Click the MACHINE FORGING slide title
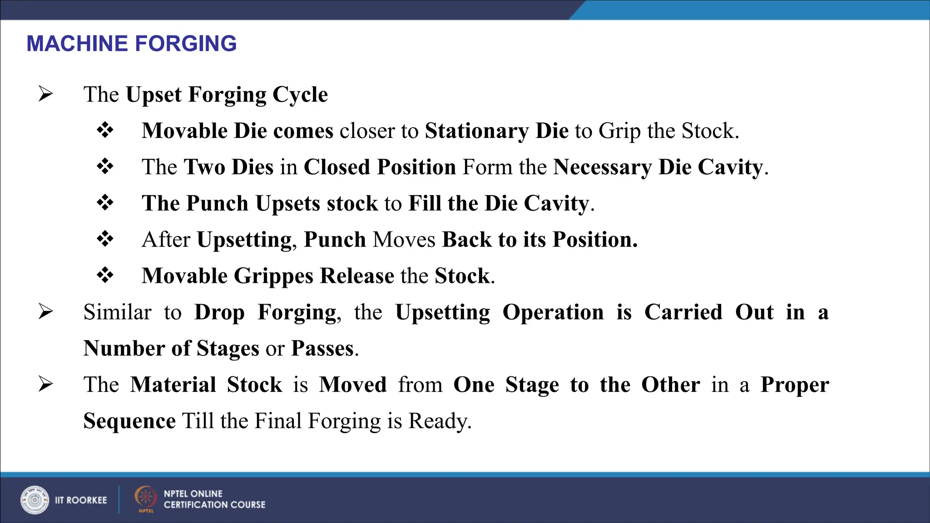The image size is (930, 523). tap(132, 44)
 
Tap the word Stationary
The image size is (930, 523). tap(476, 131)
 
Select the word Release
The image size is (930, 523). tap(357, 276)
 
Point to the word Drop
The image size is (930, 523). tap(219, 312)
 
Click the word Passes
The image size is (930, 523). tap(322, 349)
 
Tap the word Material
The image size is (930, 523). tap(173, 385)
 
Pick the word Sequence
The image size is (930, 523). tap(129, 421)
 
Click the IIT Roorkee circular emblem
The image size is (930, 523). tap(35, 500)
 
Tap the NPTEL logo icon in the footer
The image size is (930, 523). tap(145, 498)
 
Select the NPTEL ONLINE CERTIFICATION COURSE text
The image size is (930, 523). tap(214, 499)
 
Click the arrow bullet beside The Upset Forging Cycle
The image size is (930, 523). tap(45, 94)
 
